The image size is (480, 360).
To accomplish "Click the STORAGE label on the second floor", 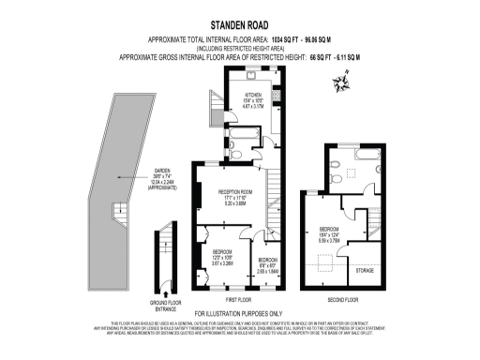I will tap(364, 270).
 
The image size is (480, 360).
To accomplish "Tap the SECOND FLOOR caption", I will tap(343, 300).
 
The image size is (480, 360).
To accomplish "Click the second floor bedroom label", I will tap(329, 232).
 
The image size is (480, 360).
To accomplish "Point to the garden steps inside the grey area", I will tap(119, 212).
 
